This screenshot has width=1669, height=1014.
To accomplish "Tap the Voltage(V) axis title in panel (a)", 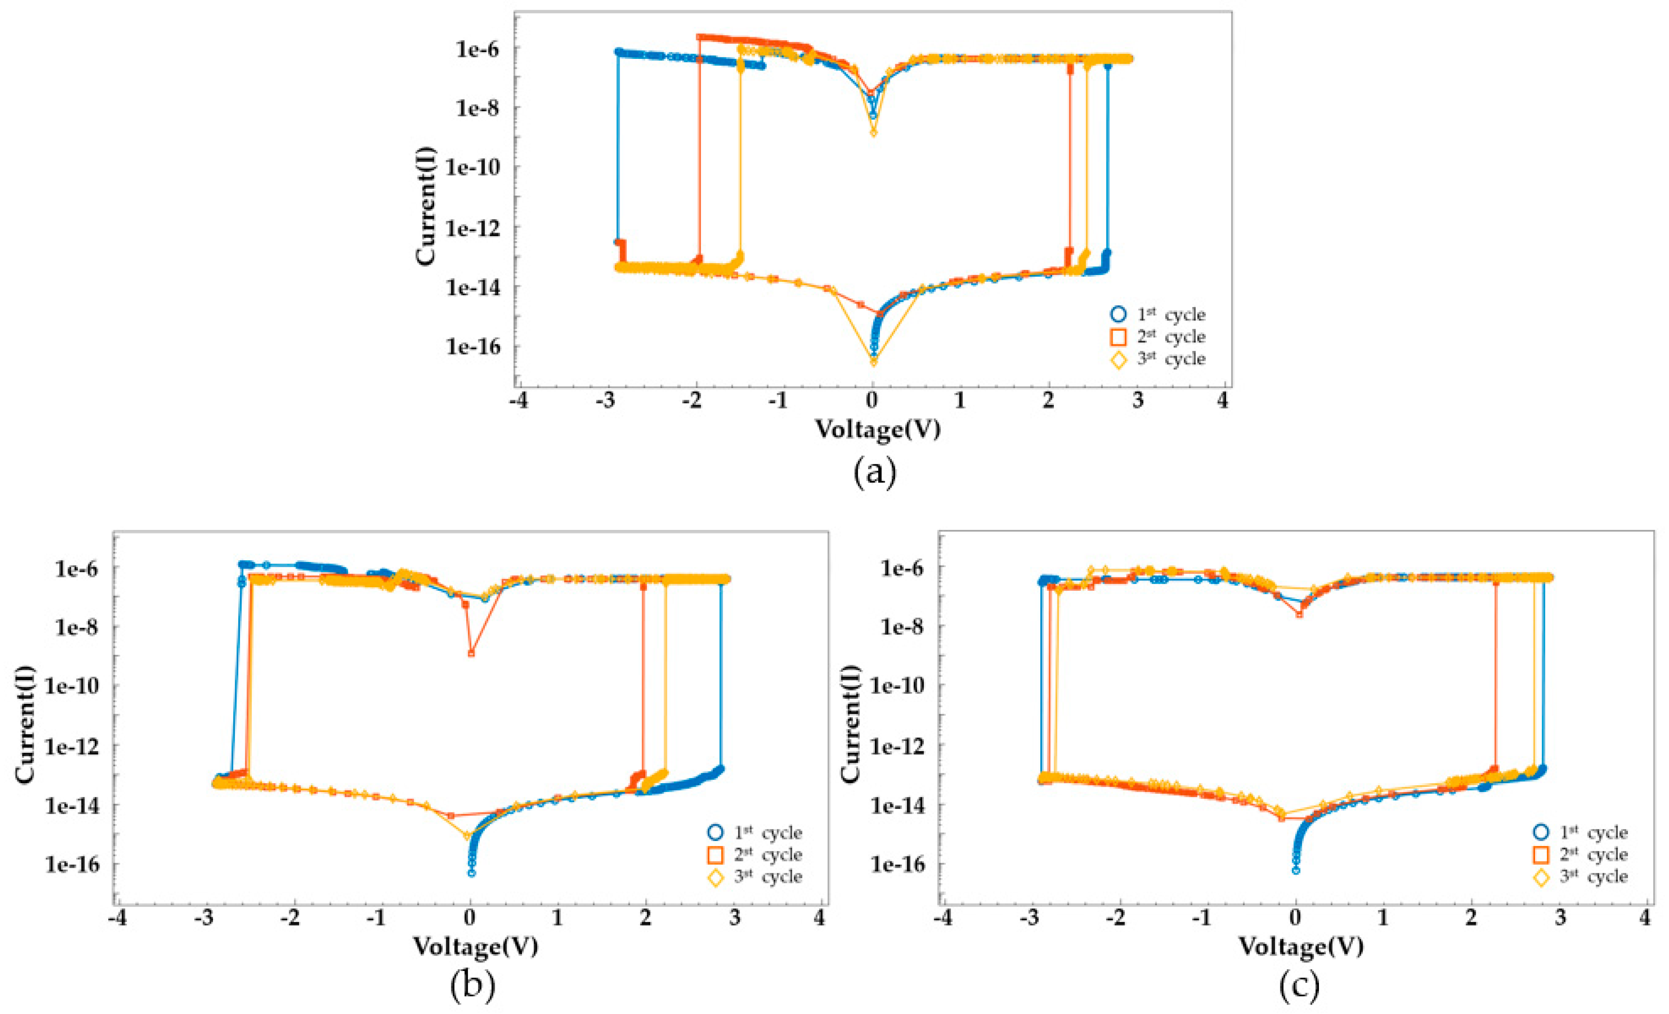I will [877, 429].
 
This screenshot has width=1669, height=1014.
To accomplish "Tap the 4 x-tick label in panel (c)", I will [1645, 918].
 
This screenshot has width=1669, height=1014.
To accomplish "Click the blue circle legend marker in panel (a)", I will [1118, 314].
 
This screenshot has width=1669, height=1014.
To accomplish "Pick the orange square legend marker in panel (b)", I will [715, 855].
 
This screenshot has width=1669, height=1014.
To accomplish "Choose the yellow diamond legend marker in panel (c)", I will [1541, 877].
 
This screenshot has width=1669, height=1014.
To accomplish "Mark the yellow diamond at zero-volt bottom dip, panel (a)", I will [874, 361].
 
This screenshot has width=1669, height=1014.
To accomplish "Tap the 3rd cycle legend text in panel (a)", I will [1171, 358].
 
